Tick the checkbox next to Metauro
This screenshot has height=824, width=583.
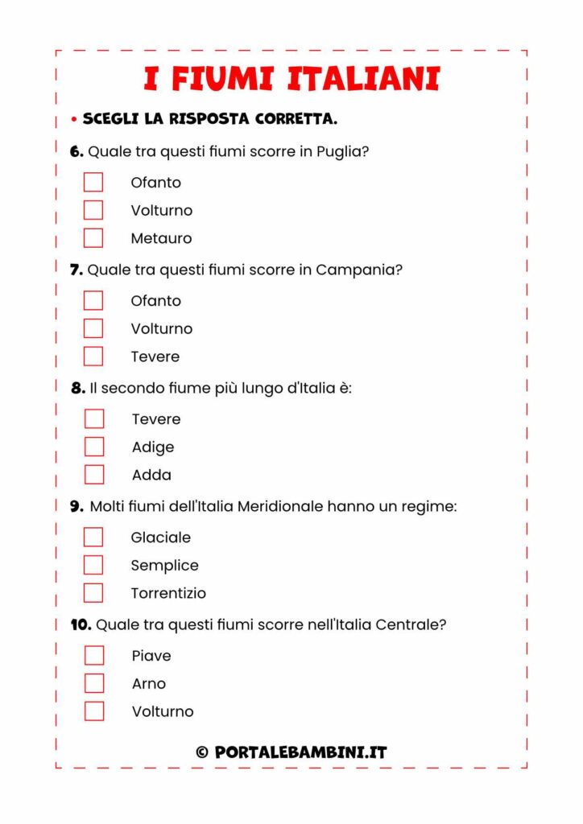pyautogui.click(x=93, y=238)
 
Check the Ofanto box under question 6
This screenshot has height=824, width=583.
pyautogui.click(x=93, y=182)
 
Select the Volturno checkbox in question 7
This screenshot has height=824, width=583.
pyautogui.click(x=93, y=328)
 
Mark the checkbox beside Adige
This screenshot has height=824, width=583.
pyautogui.click(x=94, y=447)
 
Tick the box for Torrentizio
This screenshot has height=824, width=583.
pyautogui.click(x=93, y=593)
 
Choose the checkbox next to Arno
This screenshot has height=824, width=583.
pyautogui.click(x=94, y=683)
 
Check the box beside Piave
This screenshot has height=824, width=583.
pyautogui.click(x=94, y=655)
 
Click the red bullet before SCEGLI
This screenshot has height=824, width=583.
pyautogui.click(x=73, y=120)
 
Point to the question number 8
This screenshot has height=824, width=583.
pyautogui.click(x=77, y=388)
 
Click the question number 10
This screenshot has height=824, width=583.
pyautogui.click(x=81, y=624)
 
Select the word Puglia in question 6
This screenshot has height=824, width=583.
pyautogui.click(x=342, y=151)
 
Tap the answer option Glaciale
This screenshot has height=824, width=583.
pyautogui.click(x=160, y=537)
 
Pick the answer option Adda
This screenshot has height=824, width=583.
pyautogui.click(x=151, y=475)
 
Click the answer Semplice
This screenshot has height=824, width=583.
pyautogui.click(x=164, y=565)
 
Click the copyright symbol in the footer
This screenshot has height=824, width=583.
pyautogui.click(x=202, y=752)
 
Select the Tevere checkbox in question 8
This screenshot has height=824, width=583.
pyautogui.click(x=94, y=418)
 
